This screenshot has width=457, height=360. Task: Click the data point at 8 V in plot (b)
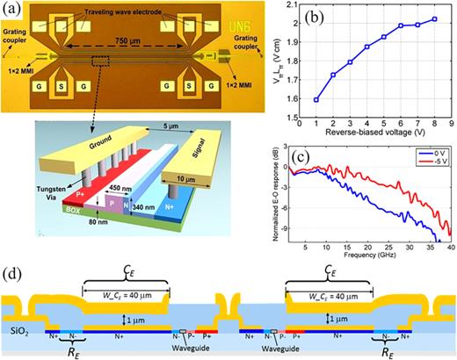(434, 18)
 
